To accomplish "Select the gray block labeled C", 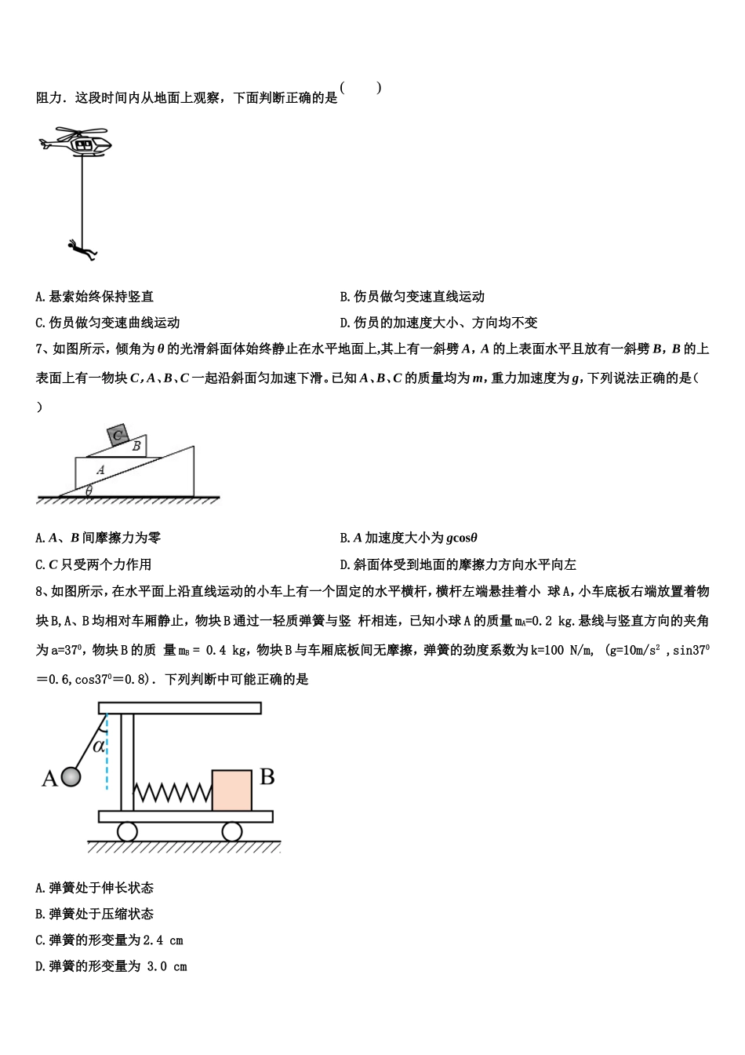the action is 118,435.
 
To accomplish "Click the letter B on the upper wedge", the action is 136,446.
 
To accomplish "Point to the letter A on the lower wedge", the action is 100,469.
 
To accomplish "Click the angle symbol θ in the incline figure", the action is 89,490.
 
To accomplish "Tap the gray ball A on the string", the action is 71,777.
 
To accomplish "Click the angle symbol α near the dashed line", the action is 99,746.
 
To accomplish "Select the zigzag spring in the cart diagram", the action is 173,792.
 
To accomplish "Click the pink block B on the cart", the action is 231,790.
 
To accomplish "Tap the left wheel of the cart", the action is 127,831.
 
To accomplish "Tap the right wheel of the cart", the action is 231,831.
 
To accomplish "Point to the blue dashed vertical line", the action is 107,754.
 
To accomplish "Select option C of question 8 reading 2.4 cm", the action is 110,940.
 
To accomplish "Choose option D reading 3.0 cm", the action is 111,966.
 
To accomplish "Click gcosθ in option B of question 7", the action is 461,538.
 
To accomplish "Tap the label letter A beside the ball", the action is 49,779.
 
